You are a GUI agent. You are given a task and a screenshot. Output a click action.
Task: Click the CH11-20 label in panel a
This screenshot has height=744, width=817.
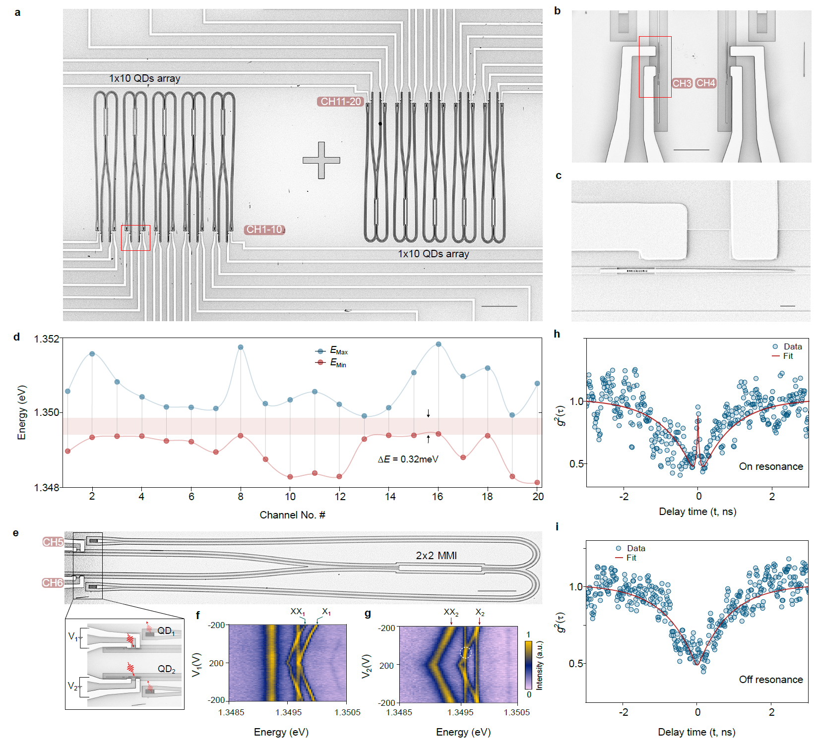pyautogui.click(x=340, y=102)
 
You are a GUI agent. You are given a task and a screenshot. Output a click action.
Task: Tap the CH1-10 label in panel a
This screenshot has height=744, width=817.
pyautogui.click(x=264, y=229)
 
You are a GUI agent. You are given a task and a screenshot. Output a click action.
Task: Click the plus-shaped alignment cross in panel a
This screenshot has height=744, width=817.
pyautogui.click(x=321, y=160)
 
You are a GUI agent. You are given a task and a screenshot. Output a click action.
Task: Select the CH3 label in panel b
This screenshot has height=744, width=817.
pyautogui.click(x=682, y=83)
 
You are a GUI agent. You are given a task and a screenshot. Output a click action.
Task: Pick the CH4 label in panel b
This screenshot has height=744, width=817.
pyautogui.click(x=705, y=83)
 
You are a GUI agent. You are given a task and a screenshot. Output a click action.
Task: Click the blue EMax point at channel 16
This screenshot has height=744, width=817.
pyautogui.click(x=438, y=344)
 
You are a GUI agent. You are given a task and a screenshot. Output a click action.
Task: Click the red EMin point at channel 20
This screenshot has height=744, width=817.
pyautogui.click(x=537, y=482)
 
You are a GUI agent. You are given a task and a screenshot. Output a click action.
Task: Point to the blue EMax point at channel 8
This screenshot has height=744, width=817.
pyautogui.click(x=241, y=347)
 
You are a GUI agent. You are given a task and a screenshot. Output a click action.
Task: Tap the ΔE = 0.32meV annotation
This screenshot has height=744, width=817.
pyautogui.click(x=408, y=459)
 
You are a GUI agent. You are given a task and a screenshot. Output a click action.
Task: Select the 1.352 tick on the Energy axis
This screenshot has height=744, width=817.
pyautogui.click(x=46, y=339)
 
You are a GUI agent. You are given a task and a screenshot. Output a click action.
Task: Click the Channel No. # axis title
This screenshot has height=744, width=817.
pyautogui.click(x=292, y=515)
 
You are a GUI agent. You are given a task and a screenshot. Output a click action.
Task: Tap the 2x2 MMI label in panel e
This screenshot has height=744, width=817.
pyautogui.click(x=436, y=556)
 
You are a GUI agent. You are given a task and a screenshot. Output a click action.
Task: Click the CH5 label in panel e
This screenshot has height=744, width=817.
pyautogui.click(x=53, y=542)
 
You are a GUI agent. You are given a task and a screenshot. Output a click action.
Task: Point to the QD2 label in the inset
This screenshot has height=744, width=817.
pyautogui.click(x=167, y=669)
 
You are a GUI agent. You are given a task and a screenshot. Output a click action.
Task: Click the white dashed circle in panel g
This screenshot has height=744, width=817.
pyautogui.click(x=465, y=653)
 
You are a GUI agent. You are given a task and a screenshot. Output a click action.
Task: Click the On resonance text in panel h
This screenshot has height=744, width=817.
pyautogui.click(x=770, y=466)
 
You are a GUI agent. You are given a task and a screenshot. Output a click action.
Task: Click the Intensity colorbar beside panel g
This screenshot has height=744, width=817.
pyautogui.click(x=528, y=664)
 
